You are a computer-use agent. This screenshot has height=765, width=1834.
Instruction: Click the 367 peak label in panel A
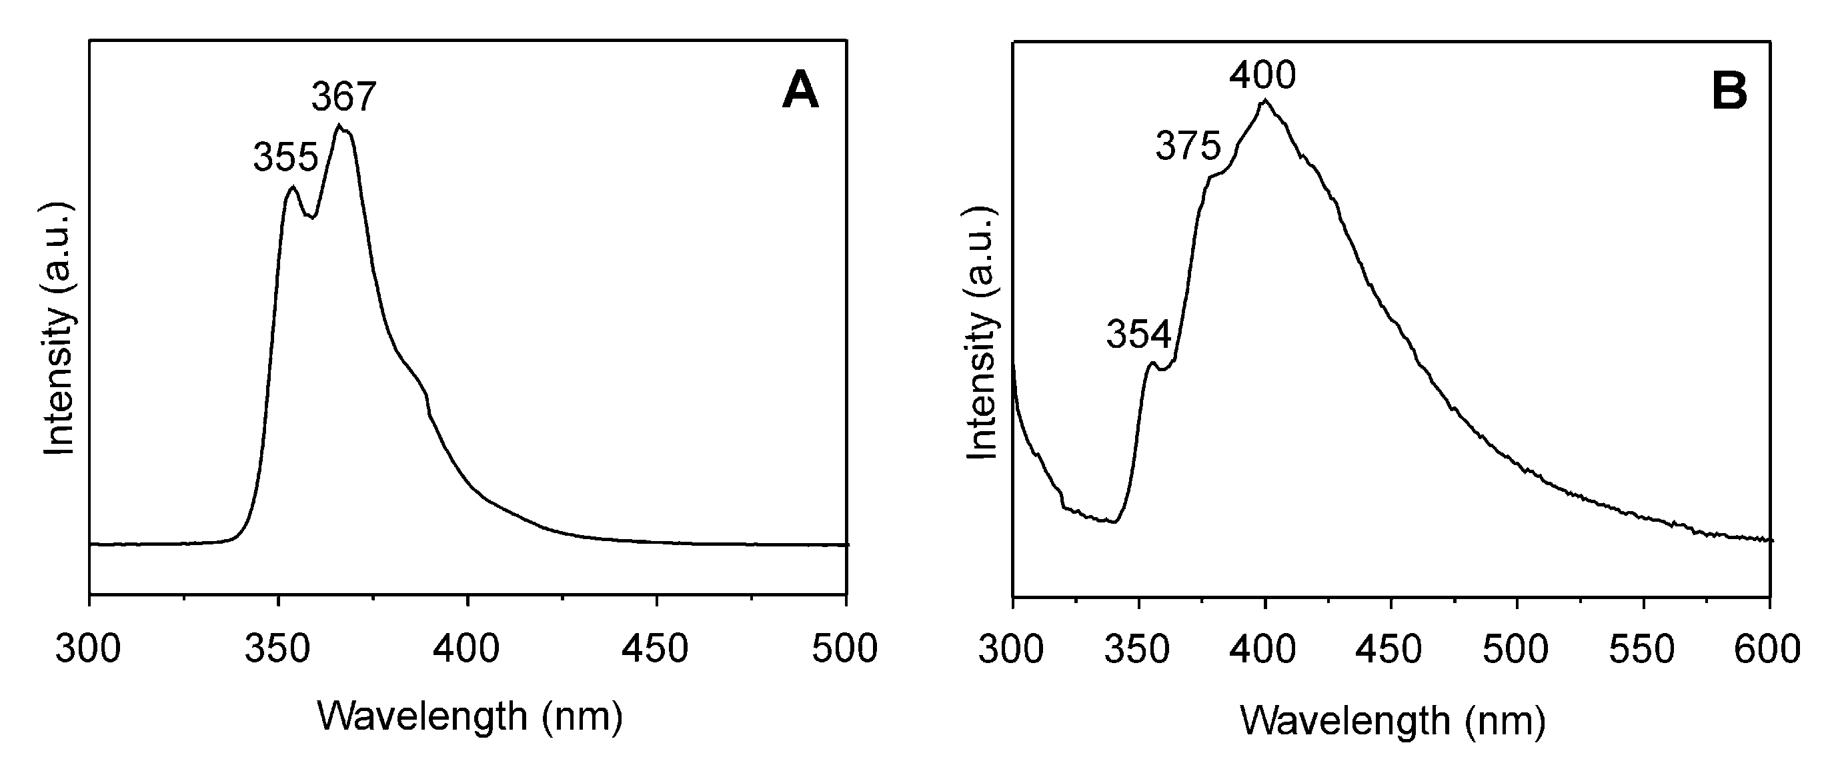pyautogui.click(x=343, y=97)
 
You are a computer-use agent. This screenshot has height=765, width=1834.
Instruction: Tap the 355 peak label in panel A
pyautogui.click(x=285, y=157)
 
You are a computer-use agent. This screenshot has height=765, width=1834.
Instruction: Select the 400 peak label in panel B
pyautogui.click(x=1263, y=75)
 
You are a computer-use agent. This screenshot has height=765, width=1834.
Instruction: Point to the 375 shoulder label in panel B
pyautogui.click(x=1188, y=147)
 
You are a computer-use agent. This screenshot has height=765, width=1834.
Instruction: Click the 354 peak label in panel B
pyautogui.click(x=1138, y=334)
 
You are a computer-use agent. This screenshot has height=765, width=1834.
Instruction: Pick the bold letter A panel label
pyautogui.click(x=800, y=92)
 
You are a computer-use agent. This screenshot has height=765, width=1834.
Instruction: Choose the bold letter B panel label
pyautogui.click(x=1729, y=92)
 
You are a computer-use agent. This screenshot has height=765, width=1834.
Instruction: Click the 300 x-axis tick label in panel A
pyautogui.click(x=88, y=649)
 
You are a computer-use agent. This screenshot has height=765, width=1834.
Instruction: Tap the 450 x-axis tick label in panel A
pyautogui.click(x=655, y=649)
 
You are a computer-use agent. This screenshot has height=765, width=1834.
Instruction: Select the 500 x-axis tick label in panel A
pyautogui.click(x=845, y=649)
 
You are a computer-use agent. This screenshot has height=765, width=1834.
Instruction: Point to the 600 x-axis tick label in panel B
pyautogui.click(x=1768, y=649)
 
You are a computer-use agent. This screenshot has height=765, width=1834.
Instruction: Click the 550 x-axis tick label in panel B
pyautogui.click(x=1642, y=649)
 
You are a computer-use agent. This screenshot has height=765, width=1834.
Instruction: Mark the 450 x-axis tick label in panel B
pyautogui.click(x=1390, y=649)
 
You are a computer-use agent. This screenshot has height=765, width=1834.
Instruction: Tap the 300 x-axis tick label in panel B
pyautogui.click(x=1012, y=649)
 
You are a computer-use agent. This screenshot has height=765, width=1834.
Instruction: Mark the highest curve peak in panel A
pyautogui.click(x=340, y=126)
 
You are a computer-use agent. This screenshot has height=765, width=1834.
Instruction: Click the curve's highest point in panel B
pyautogui.click(x=1265, y=101)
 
